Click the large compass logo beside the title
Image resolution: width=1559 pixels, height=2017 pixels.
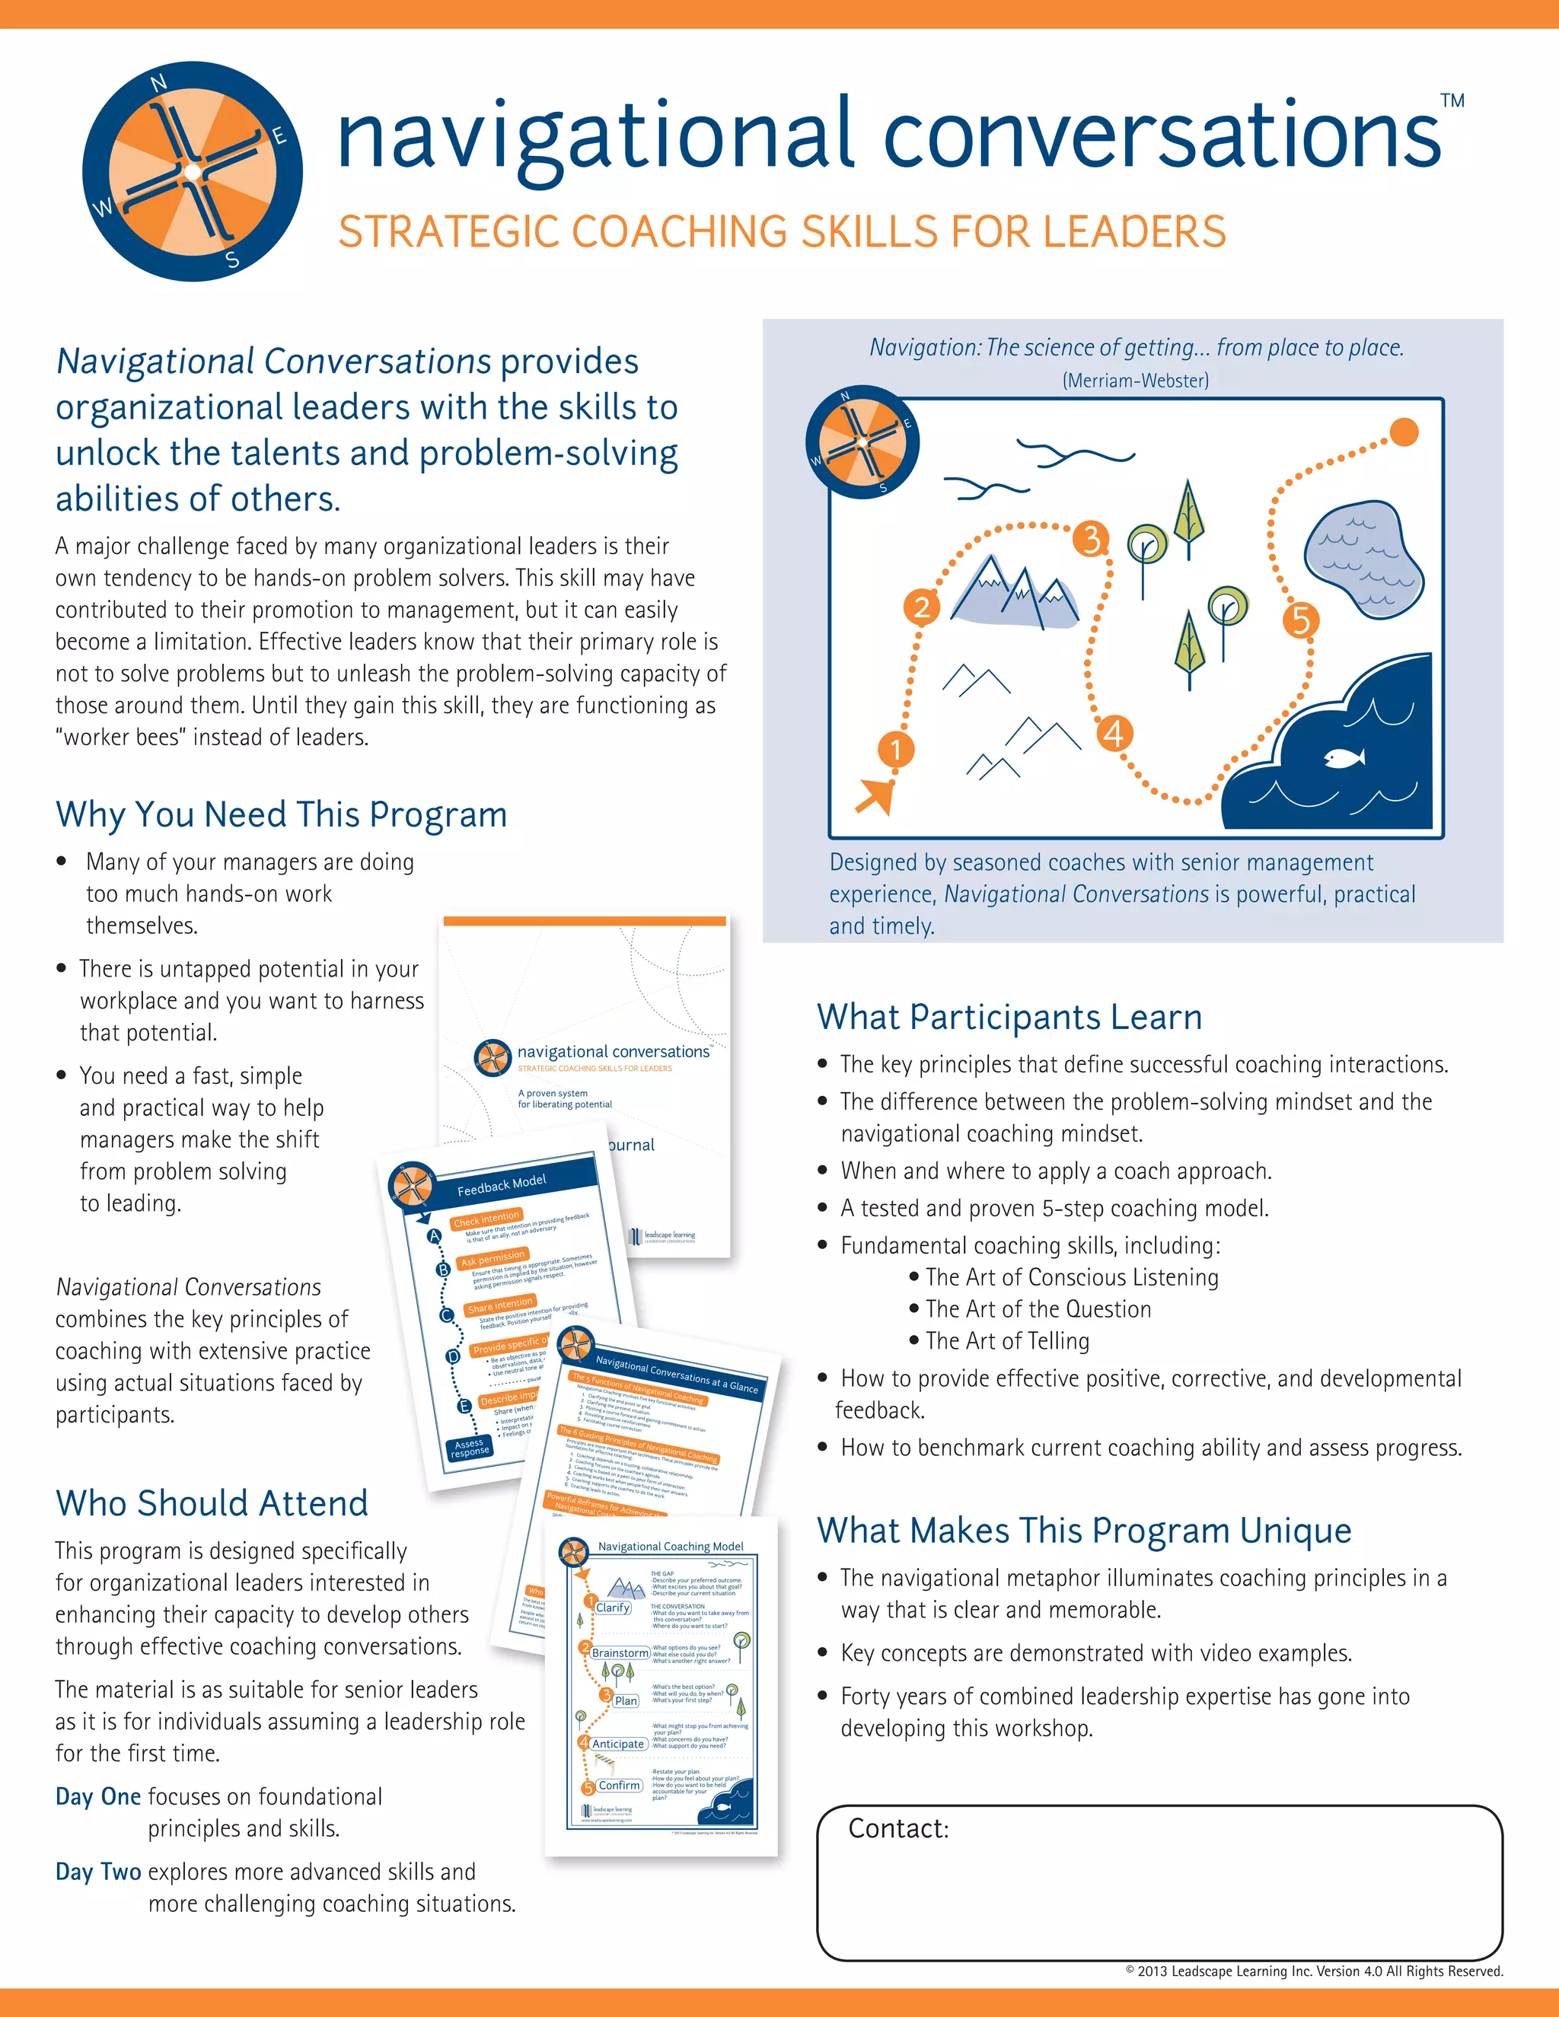192,172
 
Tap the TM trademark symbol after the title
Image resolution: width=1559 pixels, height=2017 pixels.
1452,100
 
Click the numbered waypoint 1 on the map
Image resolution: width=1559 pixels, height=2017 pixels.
895,749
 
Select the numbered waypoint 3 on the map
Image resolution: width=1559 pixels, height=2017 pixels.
1092,537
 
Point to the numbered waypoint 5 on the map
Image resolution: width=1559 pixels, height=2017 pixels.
1300,620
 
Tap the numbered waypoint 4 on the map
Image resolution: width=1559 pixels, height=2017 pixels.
1114,734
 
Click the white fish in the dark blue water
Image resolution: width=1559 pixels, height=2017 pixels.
1344,758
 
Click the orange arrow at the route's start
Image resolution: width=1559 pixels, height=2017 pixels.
875,794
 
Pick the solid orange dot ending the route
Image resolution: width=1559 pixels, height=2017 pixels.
1404,432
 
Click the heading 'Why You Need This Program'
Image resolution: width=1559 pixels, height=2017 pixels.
282,814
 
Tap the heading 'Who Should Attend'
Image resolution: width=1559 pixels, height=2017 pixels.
212,1503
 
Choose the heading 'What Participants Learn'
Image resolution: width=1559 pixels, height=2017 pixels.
1009,1017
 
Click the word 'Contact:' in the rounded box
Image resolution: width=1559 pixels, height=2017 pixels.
899,1828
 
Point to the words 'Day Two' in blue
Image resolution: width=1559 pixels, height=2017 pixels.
98,1871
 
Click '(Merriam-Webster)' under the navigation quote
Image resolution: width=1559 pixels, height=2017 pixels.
1135,381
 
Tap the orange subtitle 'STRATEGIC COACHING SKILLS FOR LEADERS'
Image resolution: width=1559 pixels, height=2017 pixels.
781,232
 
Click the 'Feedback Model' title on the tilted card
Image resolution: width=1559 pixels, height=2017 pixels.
502,1185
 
